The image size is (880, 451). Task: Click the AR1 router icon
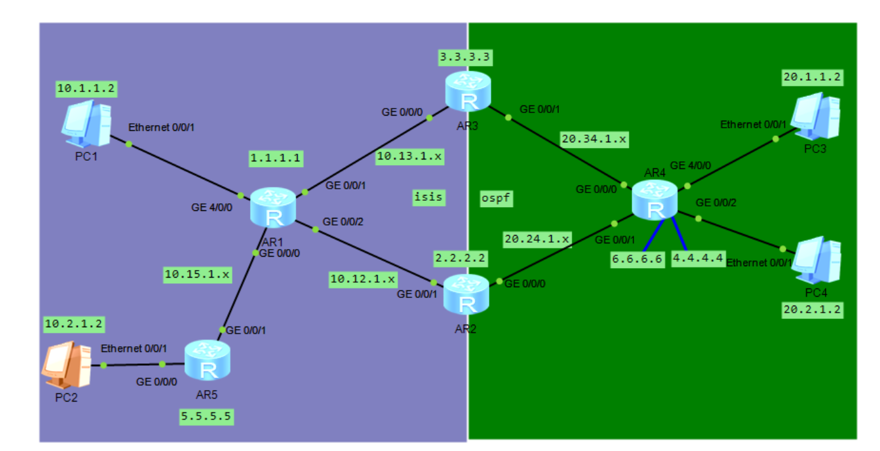(273, 208)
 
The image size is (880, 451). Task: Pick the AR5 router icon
(207, 360)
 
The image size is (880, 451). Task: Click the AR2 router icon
(467, 294)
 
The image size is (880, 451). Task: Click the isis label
(428, 198)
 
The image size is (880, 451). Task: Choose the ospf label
(496, 198)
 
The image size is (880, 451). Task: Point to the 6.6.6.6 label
(637, 259)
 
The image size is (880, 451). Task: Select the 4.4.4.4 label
(698, 259)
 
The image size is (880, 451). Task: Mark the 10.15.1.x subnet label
(197, 274)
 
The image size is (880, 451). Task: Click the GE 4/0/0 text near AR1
(213, 206)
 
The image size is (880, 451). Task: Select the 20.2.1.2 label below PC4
(813, 310)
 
